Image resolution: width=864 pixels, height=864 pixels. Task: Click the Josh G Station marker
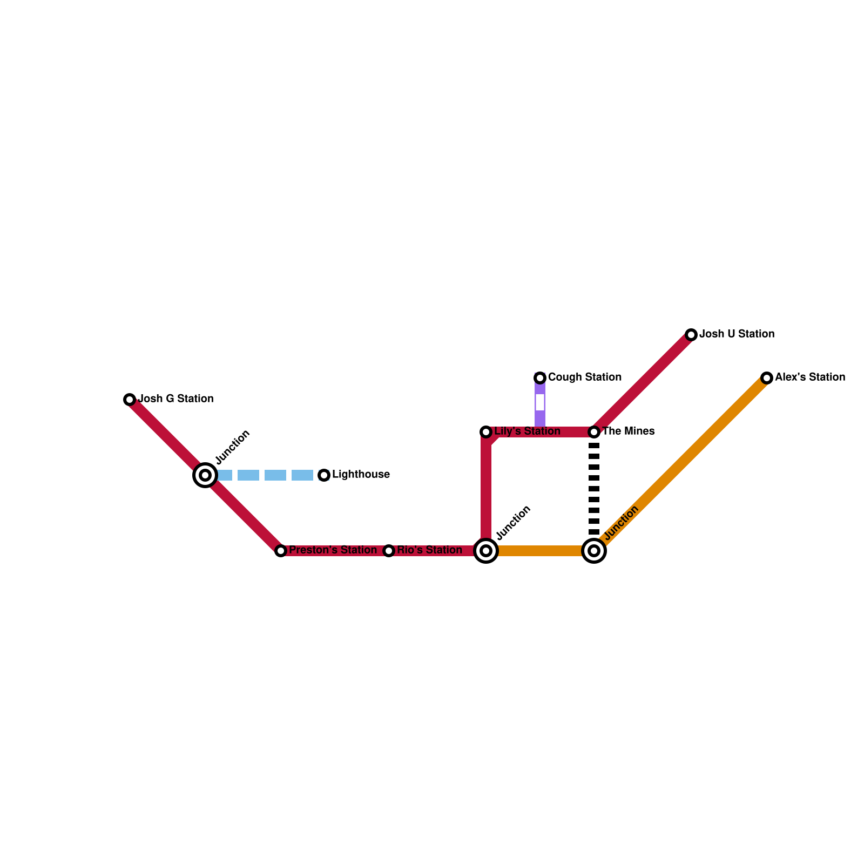pyautogui.click(x=130, y=400)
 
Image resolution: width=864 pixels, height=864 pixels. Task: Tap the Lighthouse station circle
pyautogui.click(x=324, y=475)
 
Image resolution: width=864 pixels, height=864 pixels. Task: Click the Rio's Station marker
pyautogui.click(x=389, y=551)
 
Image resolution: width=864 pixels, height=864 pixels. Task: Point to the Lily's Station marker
pyautogui.click(x=486, y=432)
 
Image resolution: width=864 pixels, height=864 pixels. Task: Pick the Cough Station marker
pyautogui.click(x=540, y=378)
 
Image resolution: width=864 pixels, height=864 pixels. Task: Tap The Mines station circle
pyautogui.click(x=594, y=432)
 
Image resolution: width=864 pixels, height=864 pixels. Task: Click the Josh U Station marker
pyautogui.click(x=691, y=335)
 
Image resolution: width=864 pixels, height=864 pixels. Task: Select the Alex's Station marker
pyautogui.click(x=767, y=378)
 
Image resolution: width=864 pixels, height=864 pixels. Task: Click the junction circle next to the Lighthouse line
pyautogui.click(x=205, y=475)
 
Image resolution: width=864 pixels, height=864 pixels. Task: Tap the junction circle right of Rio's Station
pyautogui.click(x=486, y=551)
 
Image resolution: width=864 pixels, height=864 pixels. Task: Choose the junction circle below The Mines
pyautogui.click(x=594, y=551)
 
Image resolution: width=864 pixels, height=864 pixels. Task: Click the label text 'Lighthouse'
pyautogui.click(x=361, y=475)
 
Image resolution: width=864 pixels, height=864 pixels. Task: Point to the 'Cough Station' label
pyautogui.click(x=585, y=377)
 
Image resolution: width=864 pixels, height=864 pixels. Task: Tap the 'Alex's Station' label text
pyautogui.click(x=810, y=377)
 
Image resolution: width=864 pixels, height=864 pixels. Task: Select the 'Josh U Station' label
pyautogui.click(x=737, y=334)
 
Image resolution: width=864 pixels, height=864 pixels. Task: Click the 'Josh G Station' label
pyautogui.click(x=176, y=399)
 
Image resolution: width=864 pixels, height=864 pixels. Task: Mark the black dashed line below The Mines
pyautogui.click(x=594, y=489)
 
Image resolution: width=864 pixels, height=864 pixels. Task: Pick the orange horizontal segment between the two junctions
pyautogui.click(x=540, y=551)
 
